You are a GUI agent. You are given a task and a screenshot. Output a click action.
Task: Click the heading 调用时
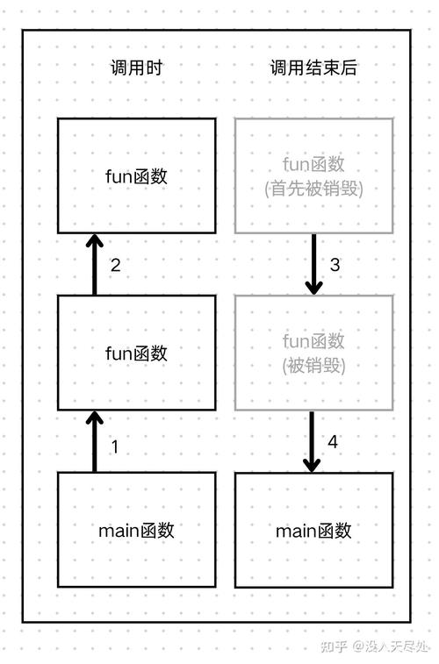pos(136,68)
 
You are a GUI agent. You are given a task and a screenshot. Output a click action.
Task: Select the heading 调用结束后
pos(313,68)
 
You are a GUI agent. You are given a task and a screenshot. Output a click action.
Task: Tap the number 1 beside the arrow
pos(114,446)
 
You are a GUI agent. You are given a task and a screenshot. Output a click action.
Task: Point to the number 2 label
pos(115,265)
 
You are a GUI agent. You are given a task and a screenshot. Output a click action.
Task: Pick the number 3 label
pos(335,265)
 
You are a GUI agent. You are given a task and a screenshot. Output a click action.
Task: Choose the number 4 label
pos(332,441)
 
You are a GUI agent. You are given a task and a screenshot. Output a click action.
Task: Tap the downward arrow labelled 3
pos(313,264)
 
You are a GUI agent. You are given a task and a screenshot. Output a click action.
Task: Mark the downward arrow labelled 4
pos(313,441)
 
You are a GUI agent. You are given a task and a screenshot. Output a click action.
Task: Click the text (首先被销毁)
pos(313,188)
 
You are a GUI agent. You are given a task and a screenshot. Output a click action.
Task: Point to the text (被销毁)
pos(313,365)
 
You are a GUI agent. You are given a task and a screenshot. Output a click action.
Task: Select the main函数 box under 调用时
pos(136,530)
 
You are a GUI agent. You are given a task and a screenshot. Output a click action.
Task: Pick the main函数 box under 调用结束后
pos(313,530)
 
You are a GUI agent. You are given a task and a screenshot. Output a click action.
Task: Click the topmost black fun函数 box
pos(136,175)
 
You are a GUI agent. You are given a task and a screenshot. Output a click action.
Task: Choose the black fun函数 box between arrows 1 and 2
pos(136,353)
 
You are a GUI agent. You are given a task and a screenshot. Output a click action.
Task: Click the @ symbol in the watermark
pos(358,646)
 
